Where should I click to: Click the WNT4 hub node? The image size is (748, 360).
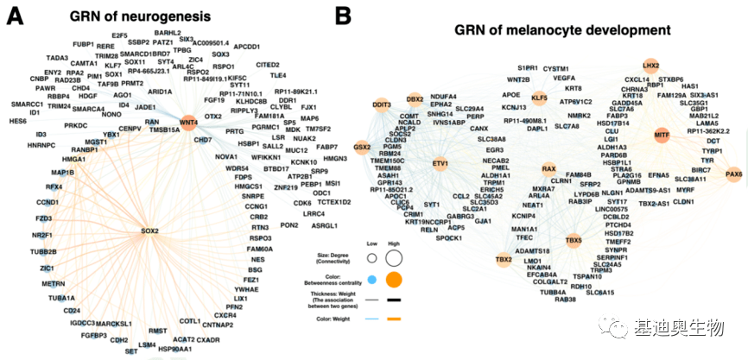point(189,123)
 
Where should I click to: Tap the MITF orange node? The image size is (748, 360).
point(662,136)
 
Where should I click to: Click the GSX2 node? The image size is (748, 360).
point(362,147)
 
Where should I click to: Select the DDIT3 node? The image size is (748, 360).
point(380,104)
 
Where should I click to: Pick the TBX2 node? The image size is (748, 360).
point(504,259)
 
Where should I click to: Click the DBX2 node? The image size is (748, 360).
point(415,101)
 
